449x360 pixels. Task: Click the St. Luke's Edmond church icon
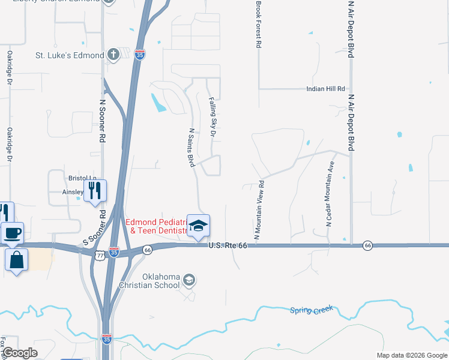point(112,55)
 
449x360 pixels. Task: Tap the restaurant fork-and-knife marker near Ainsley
point(95,191)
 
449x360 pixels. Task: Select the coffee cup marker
point(13,233)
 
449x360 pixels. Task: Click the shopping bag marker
point(16,260)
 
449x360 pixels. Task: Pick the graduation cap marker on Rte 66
point(198,226)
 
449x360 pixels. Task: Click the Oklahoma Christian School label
point(161,281)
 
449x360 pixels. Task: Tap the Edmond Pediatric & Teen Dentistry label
point(157,226)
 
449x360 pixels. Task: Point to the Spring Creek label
point(312,310)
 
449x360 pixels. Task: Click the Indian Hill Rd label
point(327,89)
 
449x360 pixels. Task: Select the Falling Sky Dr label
point(212,118)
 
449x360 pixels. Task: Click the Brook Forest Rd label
point(259,24)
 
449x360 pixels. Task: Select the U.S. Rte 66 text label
point(228,245)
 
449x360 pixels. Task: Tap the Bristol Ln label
point(82,179)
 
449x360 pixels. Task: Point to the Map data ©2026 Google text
point(411,355)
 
